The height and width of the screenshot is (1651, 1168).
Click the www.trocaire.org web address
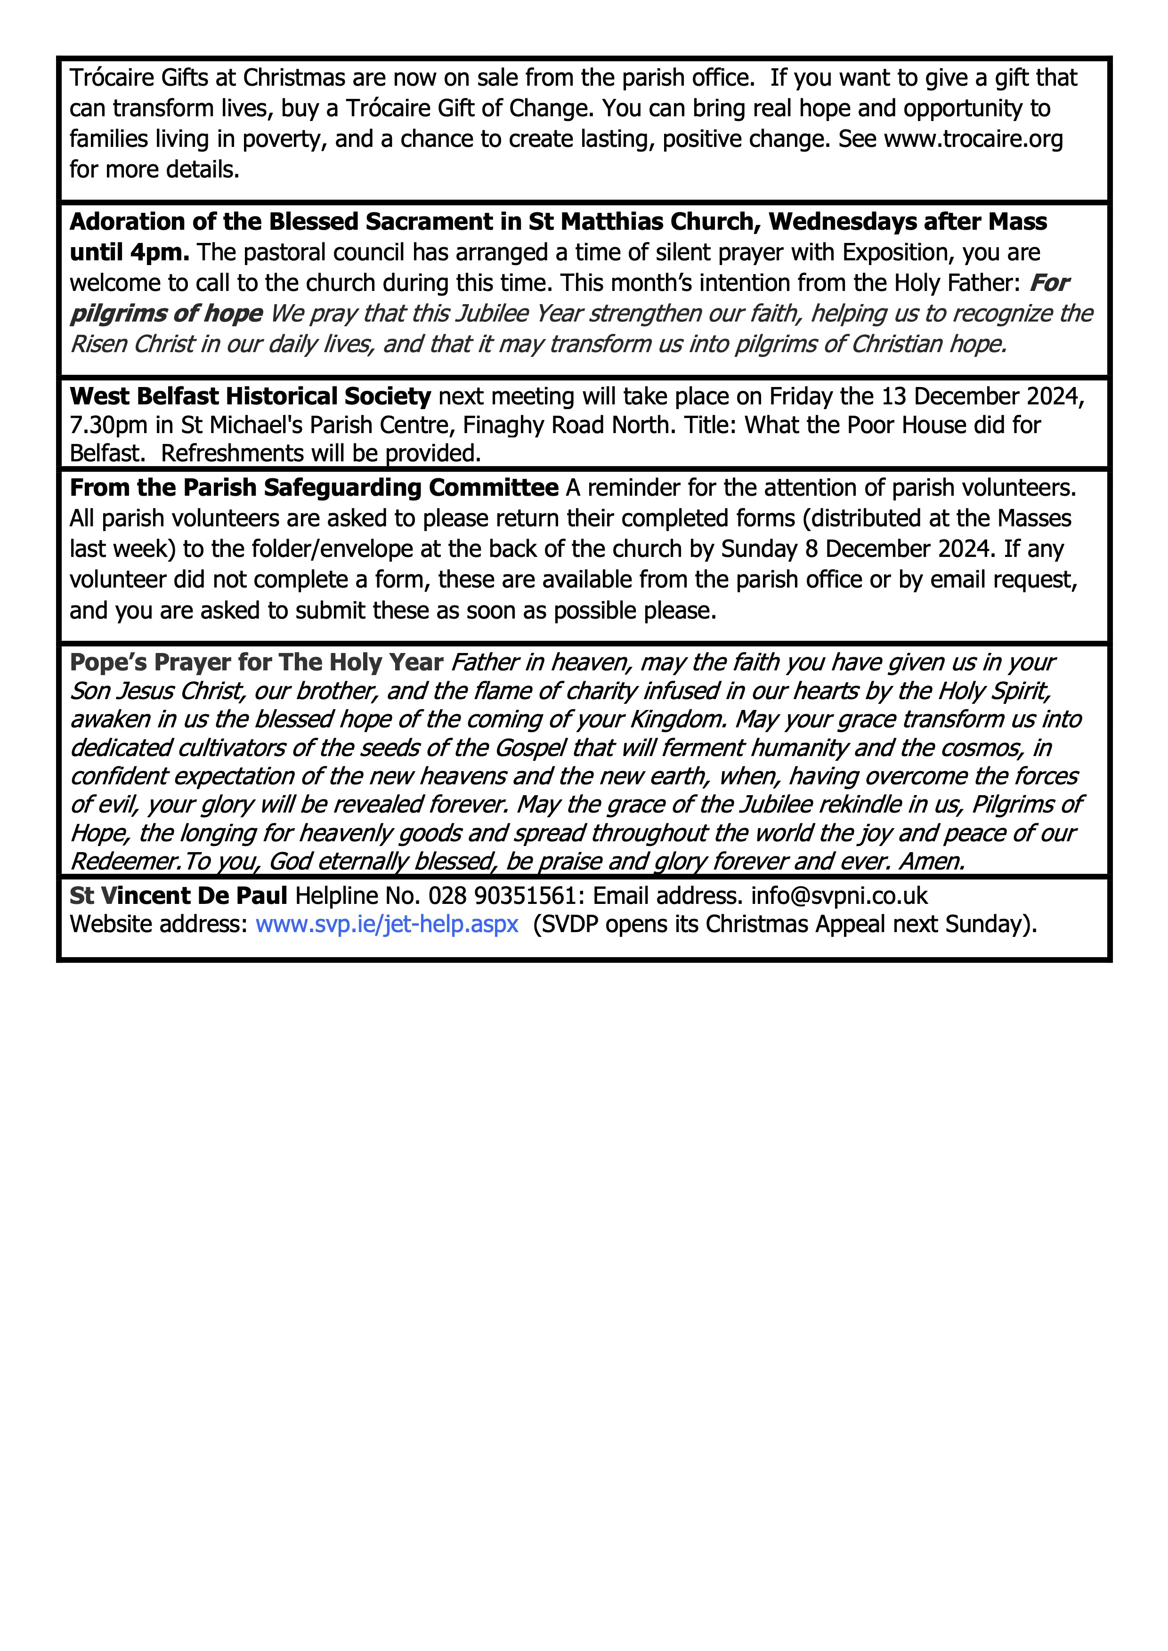[973, 139]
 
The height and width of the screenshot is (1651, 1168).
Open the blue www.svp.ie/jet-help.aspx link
[387, 924]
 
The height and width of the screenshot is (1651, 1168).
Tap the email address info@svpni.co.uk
[839, 896]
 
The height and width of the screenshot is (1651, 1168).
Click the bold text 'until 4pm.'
[130, 252]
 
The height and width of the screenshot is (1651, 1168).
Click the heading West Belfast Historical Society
[250, 396]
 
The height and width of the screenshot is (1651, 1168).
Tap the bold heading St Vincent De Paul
[178, 896]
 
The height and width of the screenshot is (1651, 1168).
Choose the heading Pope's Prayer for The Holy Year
[256, 662]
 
